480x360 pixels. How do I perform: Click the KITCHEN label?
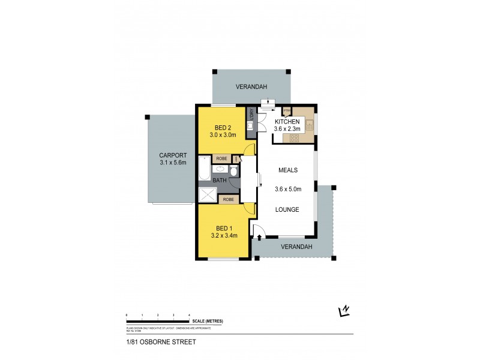[x=287, y=122]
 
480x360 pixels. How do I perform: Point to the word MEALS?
[x=287, y=170]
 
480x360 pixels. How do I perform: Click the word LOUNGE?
[x=286, y=210]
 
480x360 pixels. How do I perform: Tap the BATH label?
[x=220, y=179]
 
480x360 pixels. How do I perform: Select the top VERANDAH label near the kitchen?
[x=251, y=85]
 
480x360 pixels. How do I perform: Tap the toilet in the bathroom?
[x=235, y=172]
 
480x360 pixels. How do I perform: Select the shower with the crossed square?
[x=208, y=194]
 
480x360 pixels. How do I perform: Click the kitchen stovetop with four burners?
[x=295, y=138]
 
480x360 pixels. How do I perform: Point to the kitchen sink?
[x=310, y=125]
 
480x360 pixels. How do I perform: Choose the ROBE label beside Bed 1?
[x=228, y=199]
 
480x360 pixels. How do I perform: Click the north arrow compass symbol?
[x=344, y=310]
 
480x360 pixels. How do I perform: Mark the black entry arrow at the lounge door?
[x=259, y=238]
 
